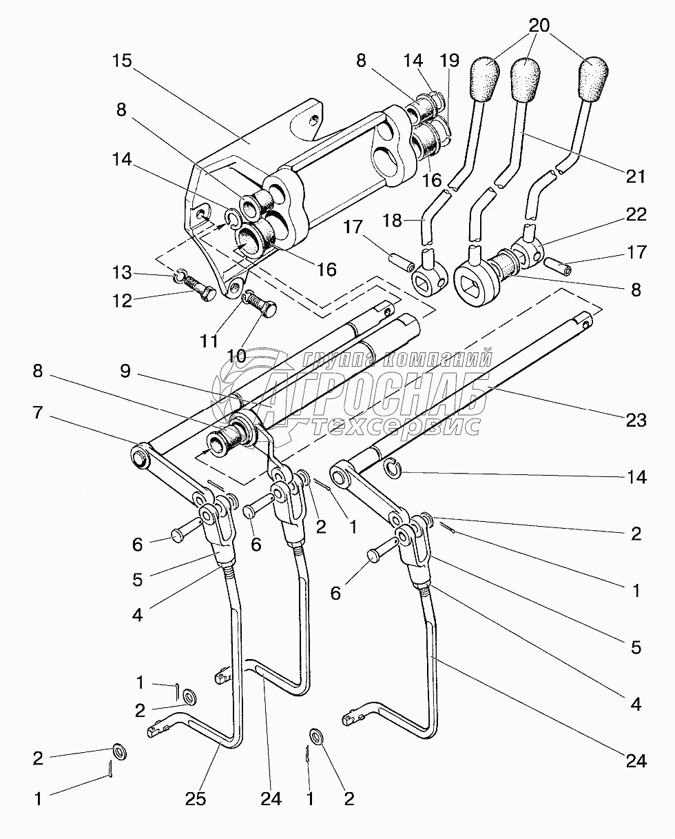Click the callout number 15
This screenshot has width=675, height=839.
123,61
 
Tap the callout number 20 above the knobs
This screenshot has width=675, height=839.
539,26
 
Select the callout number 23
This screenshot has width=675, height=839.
636,421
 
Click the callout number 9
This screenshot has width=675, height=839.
125,371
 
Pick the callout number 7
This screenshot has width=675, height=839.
37,412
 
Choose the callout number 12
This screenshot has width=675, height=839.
123,301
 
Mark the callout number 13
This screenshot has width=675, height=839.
122,272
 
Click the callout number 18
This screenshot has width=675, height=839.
392,221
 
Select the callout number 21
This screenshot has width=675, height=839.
635,176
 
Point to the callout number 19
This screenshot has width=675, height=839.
450,61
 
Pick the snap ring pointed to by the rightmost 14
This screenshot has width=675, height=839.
393,468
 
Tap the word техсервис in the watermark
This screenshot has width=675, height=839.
395,425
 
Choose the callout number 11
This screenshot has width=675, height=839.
209,341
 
